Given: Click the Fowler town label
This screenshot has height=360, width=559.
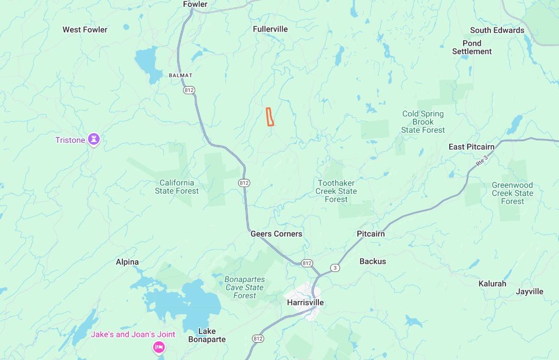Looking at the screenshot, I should pos(195,4).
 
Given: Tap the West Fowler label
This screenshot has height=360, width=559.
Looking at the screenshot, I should pos(85,30).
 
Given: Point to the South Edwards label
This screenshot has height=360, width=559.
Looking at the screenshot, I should pos(497,30).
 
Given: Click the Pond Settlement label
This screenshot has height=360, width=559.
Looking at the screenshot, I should pos(472,47).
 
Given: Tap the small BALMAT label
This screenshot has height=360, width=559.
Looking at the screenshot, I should pos(180,75).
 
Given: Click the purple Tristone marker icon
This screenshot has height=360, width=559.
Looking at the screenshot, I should pos(94,139).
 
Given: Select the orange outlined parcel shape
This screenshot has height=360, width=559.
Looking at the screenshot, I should pos(270,117).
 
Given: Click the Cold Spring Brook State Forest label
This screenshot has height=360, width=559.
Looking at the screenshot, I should pos(423,122).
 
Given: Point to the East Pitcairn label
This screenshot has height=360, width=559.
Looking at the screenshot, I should pos(471,147).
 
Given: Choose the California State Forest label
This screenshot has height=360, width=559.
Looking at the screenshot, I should pos(177,186).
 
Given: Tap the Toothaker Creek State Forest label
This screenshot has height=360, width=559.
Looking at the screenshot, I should pos(336,191).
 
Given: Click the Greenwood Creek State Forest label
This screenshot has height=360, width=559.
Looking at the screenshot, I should pos(512,193).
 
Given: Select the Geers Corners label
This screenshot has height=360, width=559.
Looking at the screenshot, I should pos(276,234).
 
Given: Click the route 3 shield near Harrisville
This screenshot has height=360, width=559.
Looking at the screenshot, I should pos(335,268).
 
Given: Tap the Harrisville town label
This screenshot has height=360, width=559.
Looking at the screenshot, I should pos(305,303).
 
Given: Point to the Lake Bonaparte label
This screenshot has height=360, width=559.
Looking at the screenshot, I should pos(207,335).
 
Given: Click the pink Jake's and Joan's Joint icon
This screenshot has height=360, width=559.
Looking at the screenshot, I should pos(159,347).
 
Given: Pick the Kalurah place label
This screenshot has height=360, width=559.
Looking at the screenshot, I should pos(492,283).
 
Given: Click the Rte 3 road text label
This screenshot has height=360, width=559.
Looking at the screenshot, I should pos(482,161).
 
